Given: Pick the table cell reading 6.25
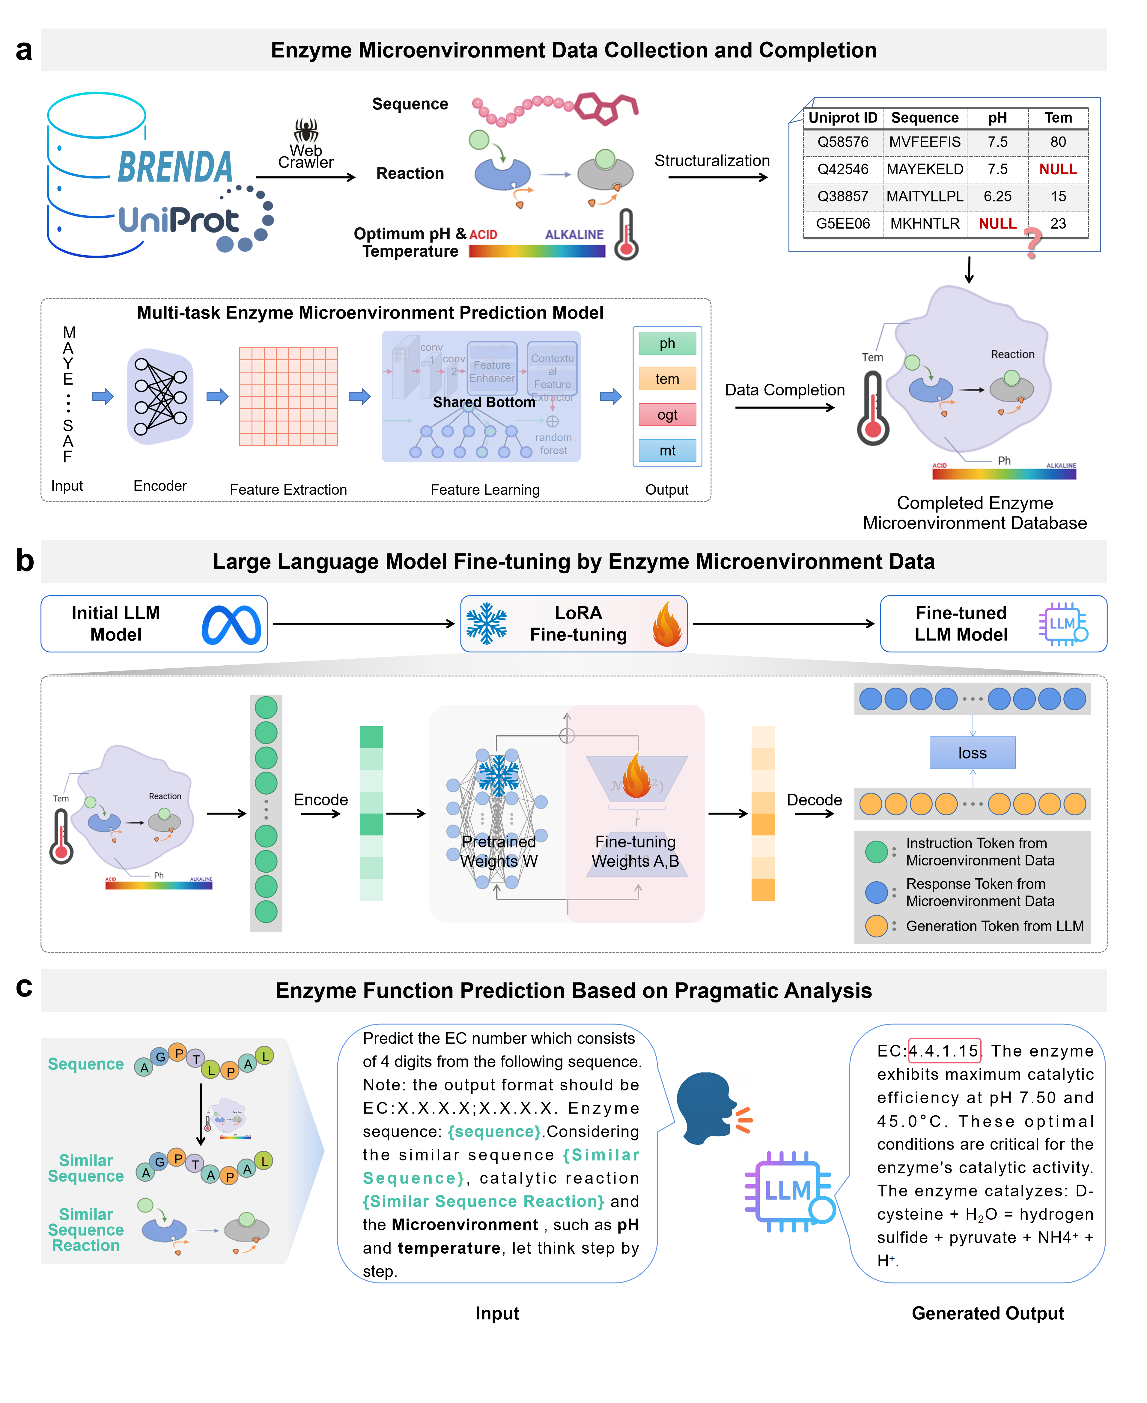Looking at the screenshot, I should pos(997,196).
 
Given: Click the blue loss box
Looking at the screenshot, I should pos(972,753).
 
